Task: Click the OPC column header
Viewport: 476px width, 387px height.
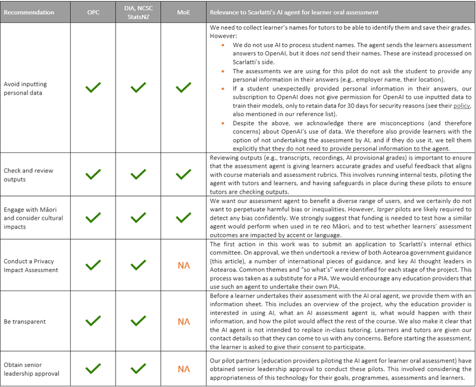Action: [93, 12]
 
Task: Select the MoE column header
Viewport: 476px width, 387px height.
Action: [184, 12]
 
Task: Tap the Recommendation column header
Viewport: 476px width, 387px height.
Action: [29, 12]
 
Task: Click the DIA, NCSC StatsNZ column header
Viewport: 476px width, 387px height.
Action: [138, 12]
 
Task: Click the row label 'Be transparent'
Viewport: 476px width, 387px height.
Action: [25, 322]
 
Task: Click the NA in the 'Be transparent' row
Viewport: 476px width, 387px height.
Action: [184, 322]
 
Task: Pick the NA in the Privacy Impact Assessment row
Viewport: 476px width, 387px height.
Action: [184, 265]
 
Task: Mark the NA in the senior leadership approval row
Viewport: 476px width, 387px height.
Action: [184, 369]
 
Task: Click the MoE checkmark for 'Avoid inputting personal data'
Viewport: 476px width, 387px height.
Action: [184, 88]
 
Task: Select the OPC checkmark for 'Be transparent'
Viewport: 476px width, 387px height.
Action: [93, 322]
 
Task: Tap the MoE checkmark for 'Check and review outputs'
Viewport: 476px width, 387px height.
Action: [184, 175]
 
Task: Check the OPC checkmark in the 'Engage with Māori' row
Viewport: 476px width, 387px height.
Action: [93, 218]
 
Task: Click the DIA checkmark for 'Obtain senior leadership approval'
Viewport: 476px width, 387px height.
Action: [138, 369]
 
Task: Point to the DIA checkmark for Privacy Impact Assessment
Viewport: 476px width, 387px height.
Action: [138, 265]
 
